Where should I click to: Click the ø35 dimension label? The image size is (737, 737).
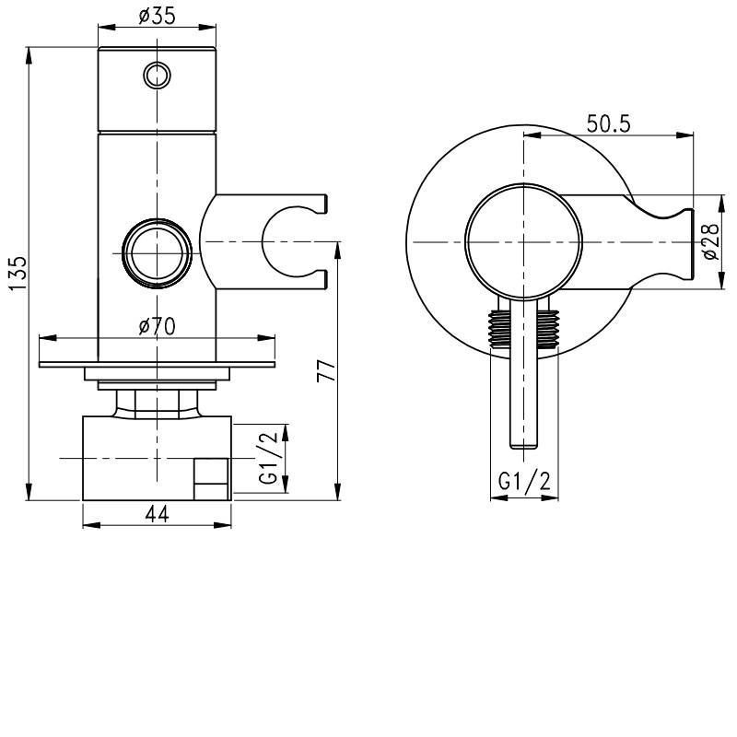(x=157, y=16)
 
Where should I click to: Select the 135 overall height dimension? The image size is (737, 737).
(x=18, y=274)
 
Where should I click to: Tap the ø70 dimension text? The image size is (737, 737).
(x=157, y=326)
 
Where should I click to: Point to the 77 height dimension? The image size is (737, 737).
(x=327, y=371)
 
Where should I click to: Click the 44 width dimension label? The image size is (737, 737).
(x=157, y=514)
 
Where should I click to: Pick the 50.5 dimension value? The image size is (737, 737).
(x=608, y=124)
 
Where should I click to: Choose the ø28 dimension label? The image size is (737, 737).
(x=710, y=241)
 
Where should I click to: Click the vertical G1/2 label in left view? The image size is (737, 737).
(x=269, y=458)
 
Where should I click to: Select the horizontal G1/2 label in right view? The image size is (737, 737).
(x=524, y=481)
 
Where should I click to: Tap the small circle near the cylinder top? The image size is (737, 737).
(x=157, y=76)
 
